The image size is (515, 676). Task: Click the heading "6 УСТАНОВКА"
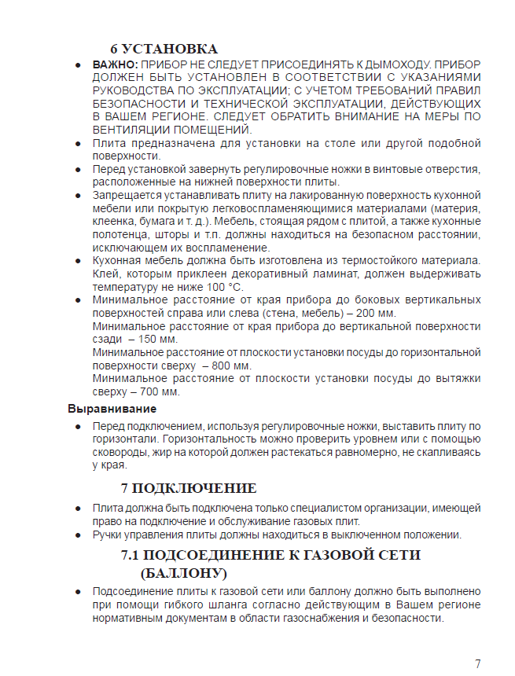pos(164,49)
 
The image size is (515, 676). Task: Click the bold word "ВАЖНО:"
pos(116,64)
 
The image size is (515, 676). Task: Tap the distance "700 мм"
pos(160,391)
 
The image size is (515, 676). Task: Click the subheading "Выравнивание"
pos(112,409)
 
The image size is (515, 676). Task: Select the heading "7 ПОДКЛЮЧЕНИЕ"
pos(189,488)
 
